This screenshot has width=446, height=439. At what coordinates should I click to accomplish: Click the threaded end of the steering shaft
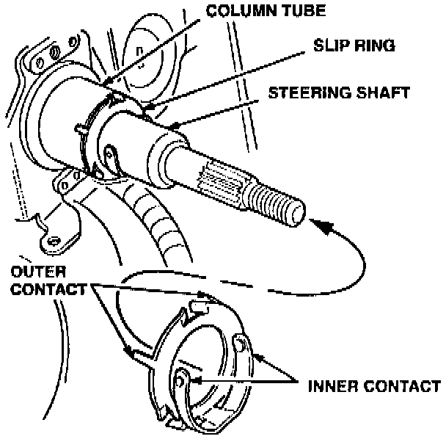pos(279,203)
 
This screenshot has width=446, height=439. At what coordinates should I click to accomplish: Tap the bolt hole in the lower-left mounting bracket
pos(53,239)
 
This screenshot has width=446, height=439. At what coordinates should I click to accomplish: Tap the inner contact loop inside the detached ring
pos(183,380)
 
